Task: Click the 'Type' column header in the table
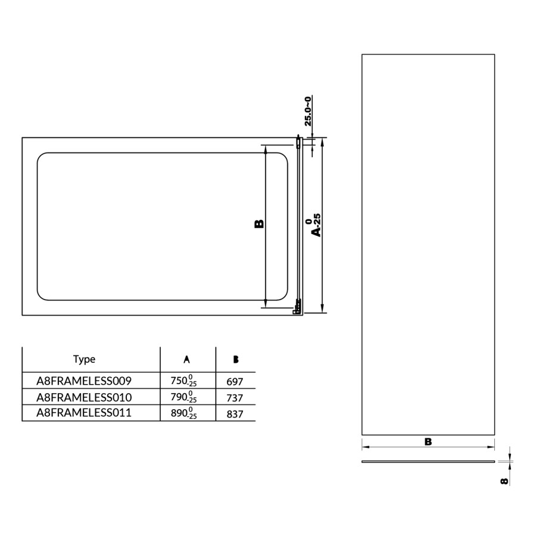pos(84,359)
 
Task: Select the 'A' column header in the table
pos(187,359)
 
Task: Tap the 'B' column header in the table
pos(236,359)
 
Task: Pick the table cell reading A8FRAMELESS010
pos(84,397)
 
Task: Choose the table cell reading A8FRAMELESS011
pos(84,413)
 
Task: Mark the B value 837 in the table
pos(236,413)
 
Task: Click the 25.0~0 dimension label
pos(308,111)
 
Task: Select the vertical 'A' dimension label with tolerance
pos(315,225)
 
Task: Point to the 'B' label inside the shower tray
pos(259,225)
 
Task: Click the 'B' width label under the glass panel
pos(428,441)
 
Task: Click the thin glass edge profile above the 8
pos(428,462)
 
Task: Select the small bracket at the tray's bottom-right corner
pos(296,310)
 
